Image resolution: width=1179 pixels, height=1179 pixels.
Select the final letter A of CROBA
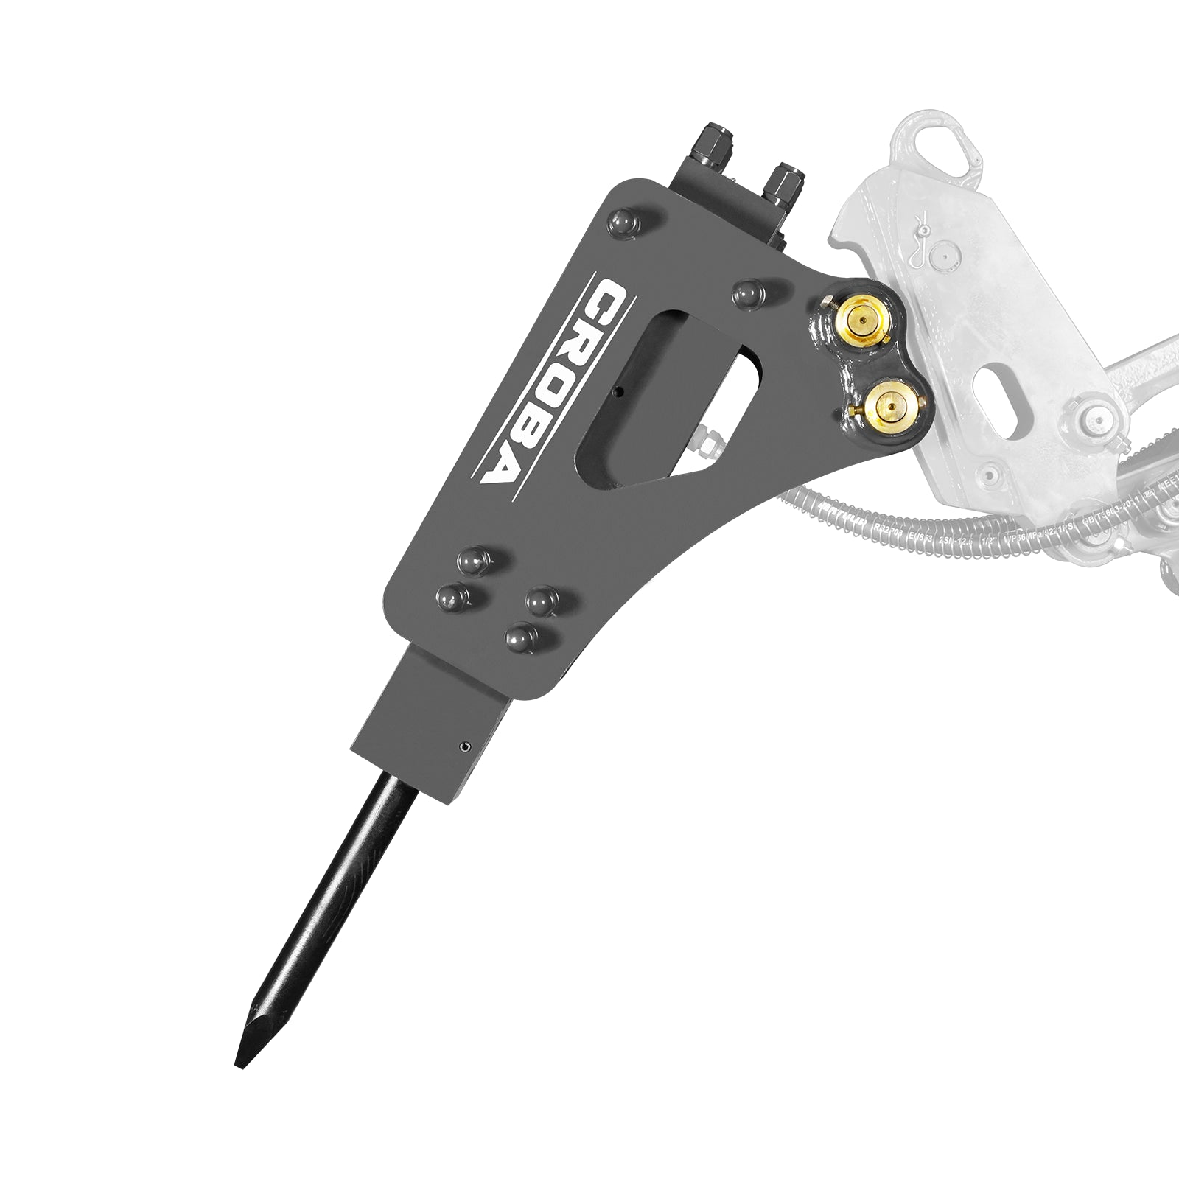500,462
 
